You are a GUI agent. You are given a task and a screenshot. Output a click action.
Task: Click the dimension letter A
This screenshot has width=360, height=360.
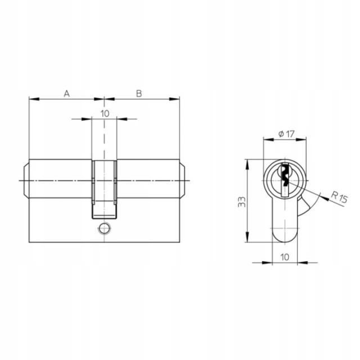(x=66, y=93)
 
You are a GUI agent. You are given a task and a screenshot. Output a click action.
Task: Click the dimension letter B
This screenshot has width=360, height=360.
(x=139, y=93)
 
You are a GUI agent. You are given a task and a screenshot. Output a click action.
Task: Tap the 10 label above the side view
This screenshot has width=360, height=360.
(x=105, y=114)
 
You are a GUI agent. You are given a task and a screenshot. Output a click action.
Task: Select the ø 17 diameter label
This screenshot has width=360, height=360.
(x=286, y=134)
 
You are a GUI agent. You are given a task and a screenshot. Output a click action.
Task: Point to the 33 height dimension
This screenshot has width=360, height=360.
(x=241, y=202)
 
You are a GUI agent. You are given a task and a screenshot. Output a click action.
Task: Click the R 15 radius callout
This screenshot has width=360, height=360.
(x=339, y=197)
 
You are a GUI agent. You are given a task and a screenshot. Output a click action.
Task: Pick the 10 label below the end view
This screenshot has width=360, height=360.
(x=285, y=257)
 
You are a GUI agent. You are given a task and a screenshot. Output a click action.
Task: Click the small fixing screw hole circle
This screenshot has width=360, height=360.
(x=105, y=228)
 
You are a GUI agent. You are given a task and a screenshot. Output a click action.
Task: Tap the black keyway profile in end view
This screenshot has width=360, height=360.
(x=285, y=175)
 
